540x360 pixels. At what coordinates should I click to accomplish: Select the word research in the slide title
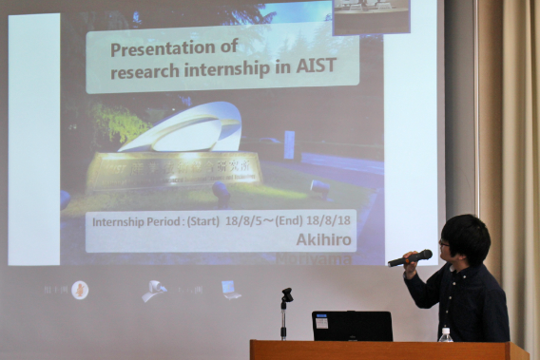click(x=145, y=72)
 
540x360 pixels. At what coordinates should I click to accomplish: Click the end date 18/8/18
click(x=329, y=220)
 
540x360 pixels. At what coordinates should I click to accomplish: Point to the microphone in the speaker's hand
click(x=410, y=257)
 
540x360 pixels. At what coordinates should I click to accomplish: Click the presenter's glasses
click(x=444, y=244)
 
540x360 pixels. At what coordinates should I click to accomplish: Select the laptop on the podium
click(x=352, y=326)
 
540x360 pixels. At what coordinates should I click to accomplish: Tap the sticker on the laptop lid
click(x=321, y=323)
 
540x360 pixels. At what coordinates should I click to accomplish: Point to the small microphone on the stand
click(x=286, y=295)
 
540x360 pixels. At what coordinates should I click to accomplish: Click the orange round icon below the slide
click(x=80, y=290)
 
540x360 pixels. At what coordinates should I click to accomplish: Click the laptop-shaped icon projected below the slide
click(x=230, y=289)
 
